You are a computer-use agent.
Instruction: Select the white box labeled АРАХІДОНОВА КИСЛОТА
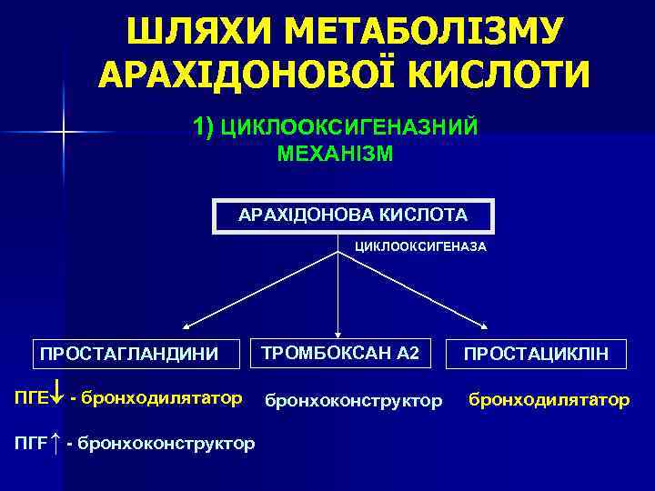coord(353,216)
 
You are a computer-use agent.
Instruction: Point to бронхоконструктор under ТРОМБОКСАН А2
coord(353,400)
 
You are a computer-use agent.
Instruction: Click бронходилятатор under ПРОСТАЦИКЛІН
coord(549,400)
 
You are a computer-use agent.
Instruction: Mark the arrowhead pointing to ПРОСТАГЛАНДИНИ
coord(186,326)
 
